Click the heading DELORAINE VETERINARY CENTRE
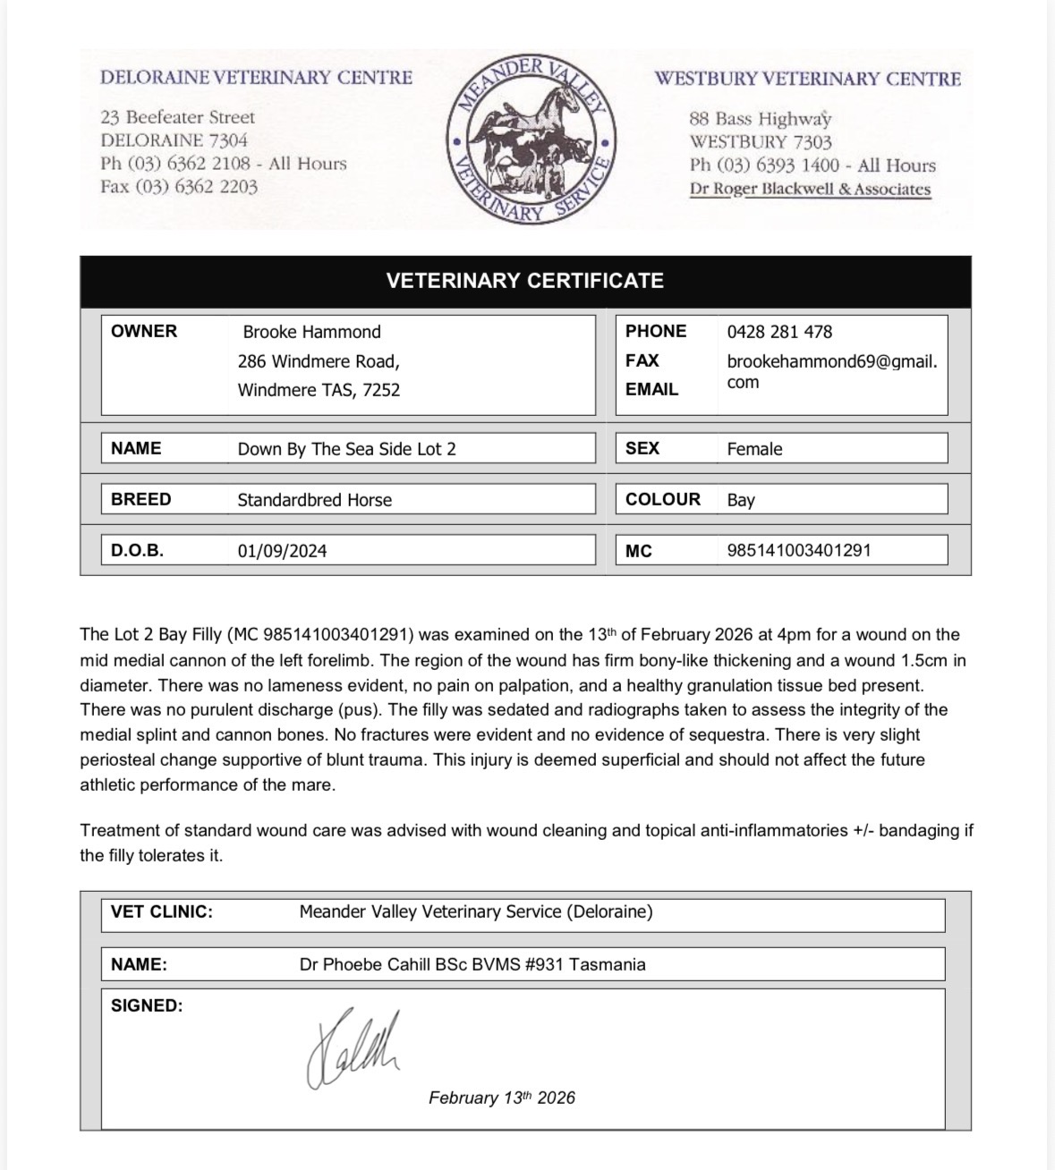point(256,78)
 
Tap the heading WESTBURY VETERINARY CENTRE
point(807,79)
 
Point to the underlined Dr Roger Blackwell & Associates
point(810,190)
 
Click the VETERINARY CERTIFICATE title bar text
point(524,281)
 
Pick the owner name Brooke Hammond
point(311,332)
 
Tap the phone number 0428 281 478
point(778,332)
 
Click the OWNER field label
point(144,331)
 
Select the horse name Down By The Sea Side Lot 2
point(346,449)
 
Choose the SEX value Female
point(754,449)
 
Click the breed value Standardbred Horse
point(314,500)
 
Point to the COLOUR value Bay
point(741,500)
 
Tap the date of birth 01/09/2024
point(282,551)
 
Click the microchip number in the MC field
point(798,550)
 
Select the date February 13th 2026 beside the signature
point(501,1098)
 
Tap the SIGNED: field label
point(147,1005)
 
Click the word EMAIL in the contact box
point(651,389)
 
